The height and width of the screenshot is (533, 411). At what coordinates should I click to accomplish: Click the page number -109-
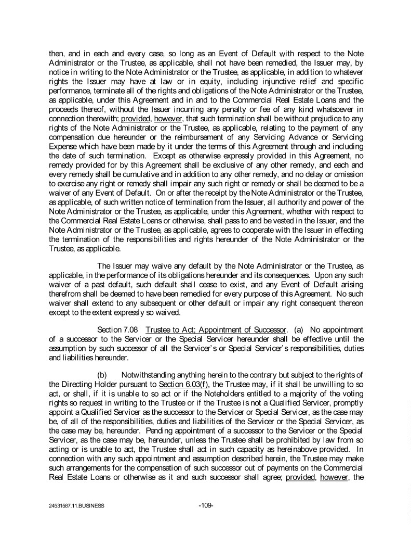206,505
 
